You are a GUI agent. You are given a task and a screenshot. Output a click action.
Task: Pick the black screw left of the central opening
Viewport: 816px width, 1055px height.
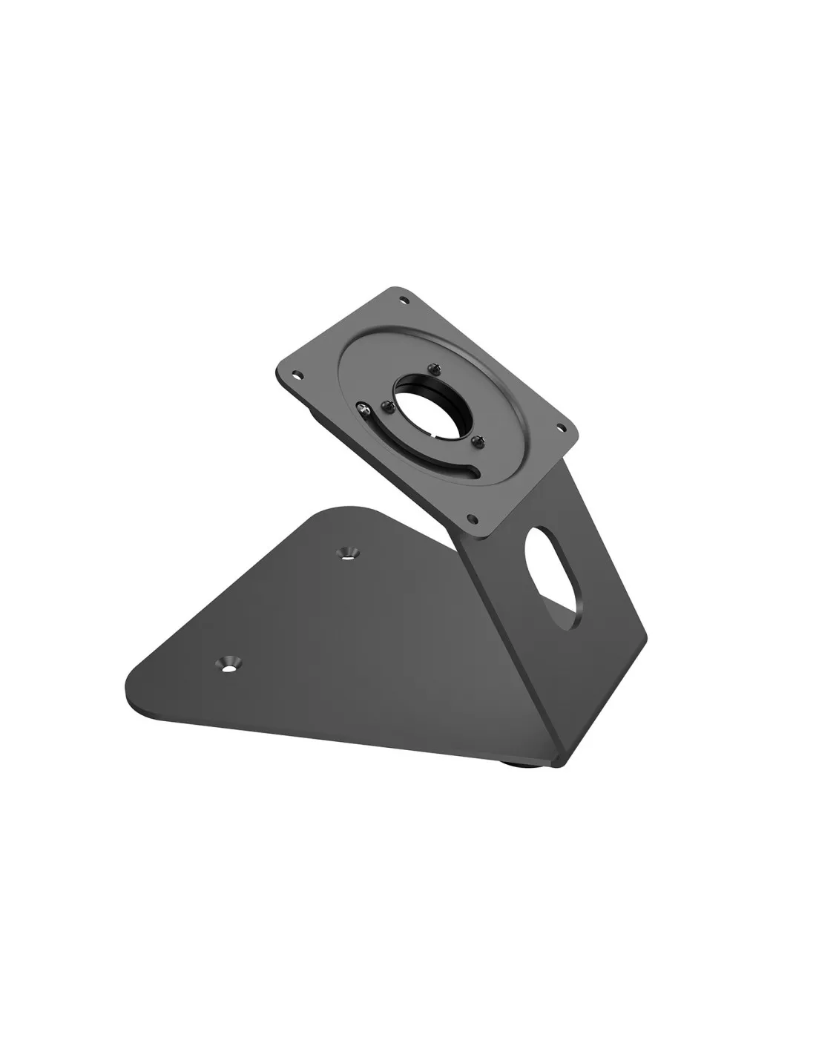point(386,405)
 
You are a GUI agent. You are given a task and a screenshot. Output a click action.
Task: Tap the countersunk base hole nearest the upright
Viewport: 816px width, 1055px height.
point(346,552)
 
